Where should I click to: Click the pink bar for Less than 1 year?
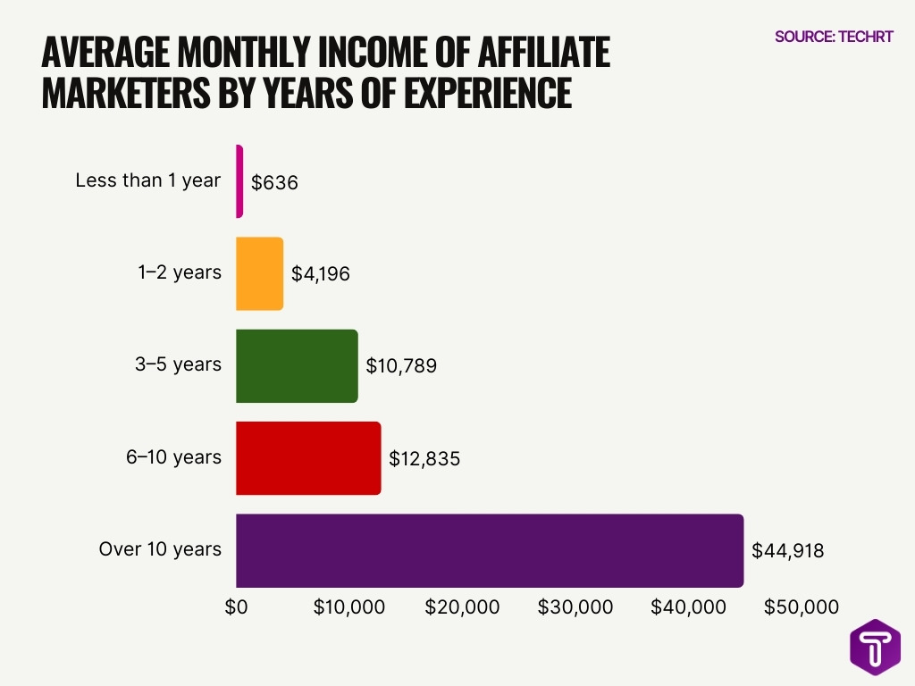click(x=239, y=181)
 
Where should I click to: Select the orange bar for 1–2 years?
click(x=259, y=273)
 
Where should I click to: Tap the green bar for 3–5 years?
click(x=297, y=365)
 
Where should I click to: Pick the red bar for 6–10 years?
click(x=308, y=457)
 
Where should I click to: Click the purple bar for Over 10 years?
click(x=490, y=550)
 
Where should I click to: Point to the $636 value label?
click(x=273, y=182)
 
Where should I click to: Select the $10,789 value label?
click(x=401, y=366)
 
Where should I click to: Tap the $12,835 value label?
click(x=424, y=458)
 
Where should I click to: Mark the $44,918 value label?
click(x=787, y=551)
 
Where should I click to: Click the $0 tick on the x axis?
click(x=236, y=607)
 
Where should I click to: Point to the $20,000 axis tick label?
click(x=462, y=607)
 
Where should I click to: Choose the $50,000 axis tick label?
click(x=802, y=607)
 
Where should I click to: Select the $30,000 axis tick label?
click(x=575, y=607)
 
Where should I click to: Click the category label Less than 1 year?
click(x=147, y=180)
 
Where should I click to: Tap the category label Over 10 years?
click(x=160, y=549)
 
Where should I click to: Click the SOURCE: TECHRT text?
click(x=834, y=37)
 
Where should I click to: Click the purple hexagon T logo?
click(x=875, y=647)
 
